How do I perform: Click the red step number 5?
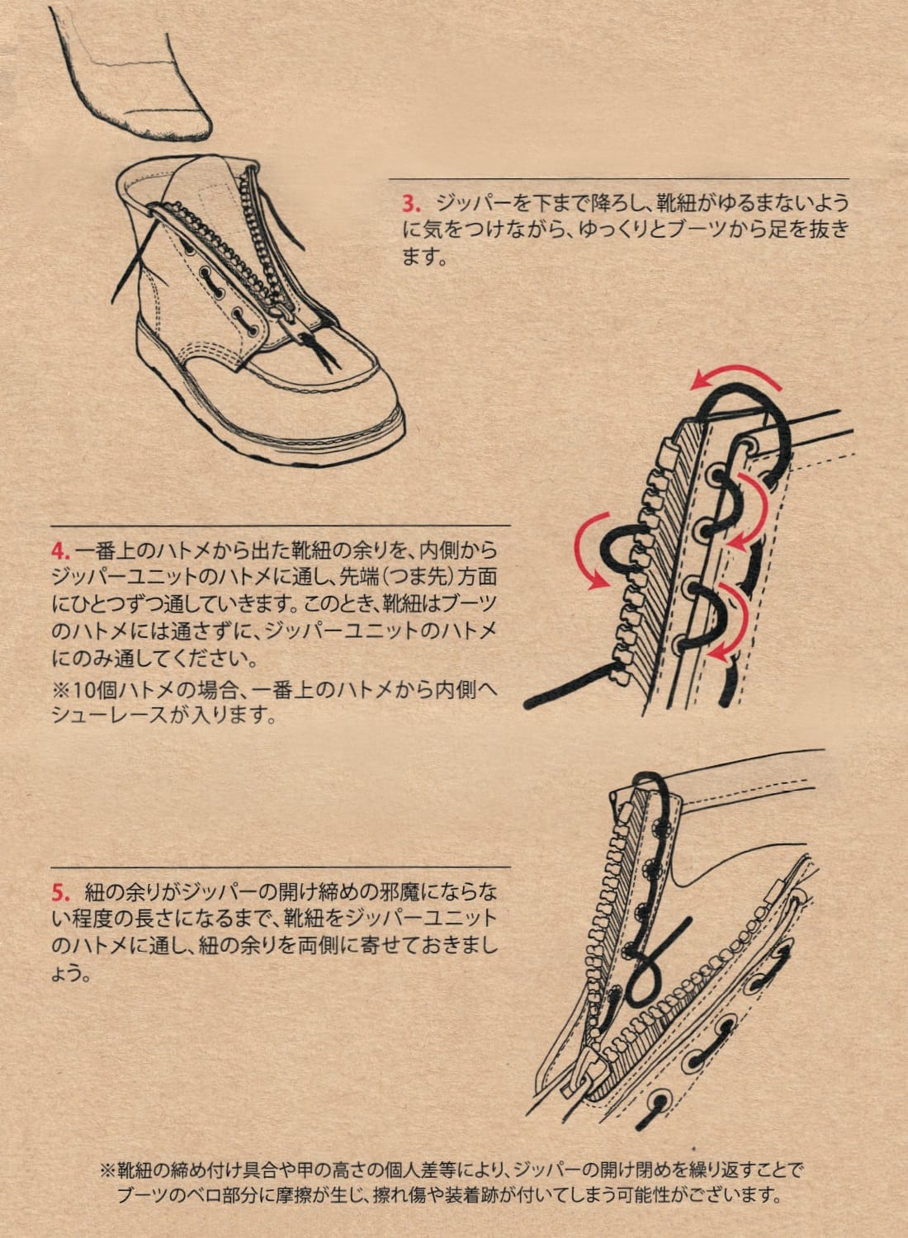tap(59, 892)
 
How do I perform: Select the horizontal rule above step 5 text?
tap(281, 867)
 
